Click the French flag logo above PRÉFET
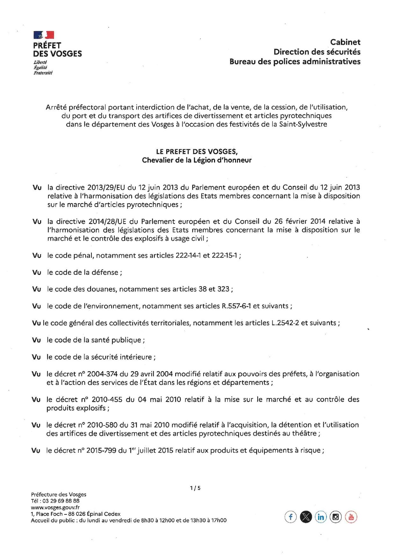pyautogui.click(x=44, y=35)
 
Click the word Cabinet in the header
pyautogui.click(x=345, y=42)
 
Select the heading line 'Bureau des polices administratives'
pyautogui.click(x=295, y=61)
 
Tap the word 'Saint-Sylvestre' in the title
pyautogui.click(x=303, y=124)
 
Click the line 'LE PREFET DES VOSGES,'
pyautogui.click(x=197, y=152)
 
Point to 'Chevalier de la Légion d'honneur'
pyautogui.click(x=197, y=160)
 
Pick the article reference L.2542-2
pyautogui.click(x=285, y=323)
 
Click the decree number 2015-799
pyautogui.click(x=101, y=450)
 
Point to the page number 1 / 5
pyautogui.click(x=195, y=488)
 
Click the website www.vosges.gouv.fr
pyautogui.click(x=55, y=507)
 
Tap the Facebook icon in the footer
pyautogui.click(x=290, y=517)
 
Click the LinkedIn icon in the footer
pyautogui.click(x=320, y=517)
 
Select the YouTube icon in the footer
pyautogui.click(x=351, y=517)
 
